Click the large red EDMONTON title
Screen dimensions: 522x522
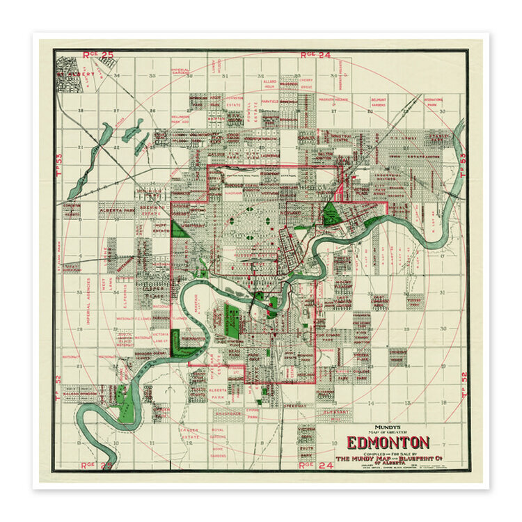point(388,443)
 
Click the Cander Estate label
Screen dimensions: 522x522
point(189,434)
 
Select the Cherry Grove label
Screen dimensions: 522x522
point(306,83)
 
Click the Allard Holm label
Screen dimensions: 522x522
point(269,84)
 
